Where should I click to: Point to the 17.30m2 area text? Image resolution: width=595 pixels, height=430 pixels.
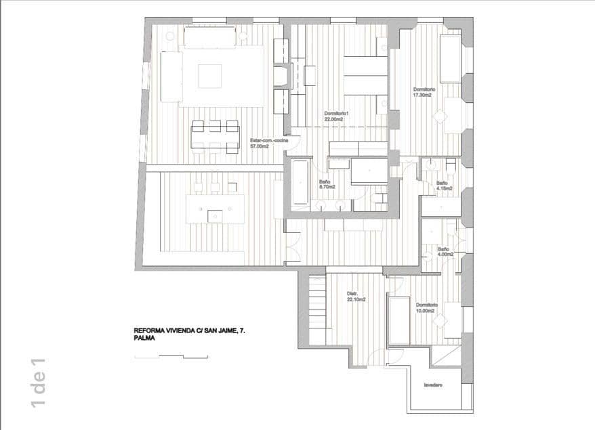(x=424, y=95)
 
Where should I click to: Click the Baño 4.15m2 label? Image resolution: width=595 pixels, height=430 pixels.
(x=442, y=186)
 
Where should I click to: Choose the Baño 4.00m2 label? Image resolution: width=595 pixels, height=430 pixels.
(x=445, y=251)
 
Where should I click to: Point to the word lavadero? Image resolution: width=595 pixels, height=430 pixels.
(x=434, y=385)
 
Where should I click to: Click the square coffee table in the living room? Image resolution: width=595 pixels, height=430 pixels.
(x=210, y=74)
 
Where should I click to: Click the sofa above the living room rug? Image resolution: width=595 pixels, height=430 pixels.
(x=211, y=38)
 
